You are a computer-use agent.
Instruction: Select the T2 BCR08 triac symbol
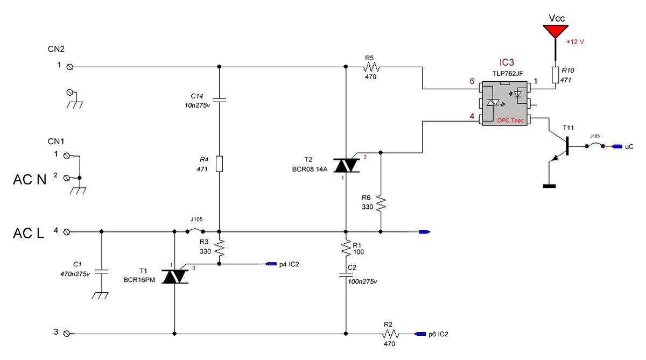pyautogui.click(x=346, y=165)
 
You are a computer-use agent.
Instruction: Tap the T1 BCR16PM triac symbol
pyautogui.click(x=175, y=277)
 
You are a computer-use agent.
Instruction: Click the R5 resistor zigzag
pyautogui.click(x=371, y=67)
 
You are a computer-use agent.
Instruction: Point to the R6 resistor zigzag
pyautogui.click(x=381, y=203)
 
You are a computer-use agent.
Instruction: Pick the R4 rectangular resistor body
pyautogui.click(x=219, y=164)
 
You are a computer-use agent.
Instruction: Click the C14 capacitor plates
pyautogui.click(x=219, y=100)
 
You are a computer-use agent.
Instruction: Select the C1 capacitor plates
pyautogui.click(x=101, y=271)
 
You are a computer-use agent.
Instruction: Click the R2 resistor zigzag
pyautogui.click(x=390, y=334)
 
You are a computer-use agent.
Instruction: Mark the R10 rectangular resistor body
pyautogui.click(x=556, y=75)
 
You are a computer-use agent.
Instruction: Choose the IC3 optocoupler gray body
pyautogui.click(x=505, y=103)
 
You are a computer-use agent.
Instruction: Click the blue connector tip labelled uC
pyautogui.click(x=617, y=146)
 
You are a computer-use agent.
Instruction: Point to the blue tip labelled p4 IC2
pyautogui.click(x=271, y=264)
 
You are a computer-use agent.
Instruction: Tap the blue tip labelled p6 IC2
pyautogui.click(x=420, y=334)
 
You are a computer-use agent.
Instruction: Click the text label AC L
pyautogui.click(x=29, y=233)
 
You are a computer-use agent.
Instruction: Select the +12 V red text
pyautogui.click(x=575, y=42)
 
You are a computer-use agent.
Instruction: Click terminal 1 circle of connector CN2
pyautogui.click(x=70, y=67)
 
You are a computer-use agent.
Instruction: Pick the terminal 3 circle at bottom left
pyautogui.click(x=67, y=334)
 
